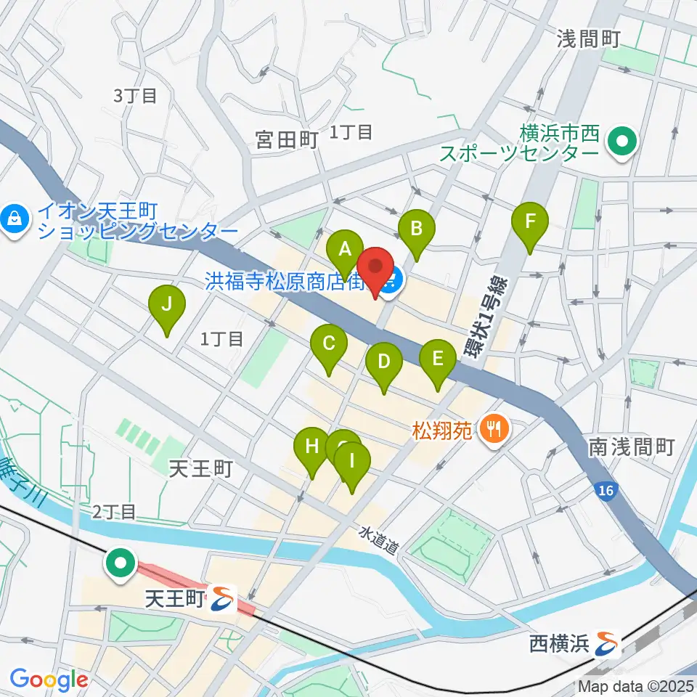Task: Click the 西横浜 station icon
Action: point(606,642)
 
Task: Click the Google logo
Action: point(49,680)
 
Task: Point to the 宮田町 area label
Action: point(288,139)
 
